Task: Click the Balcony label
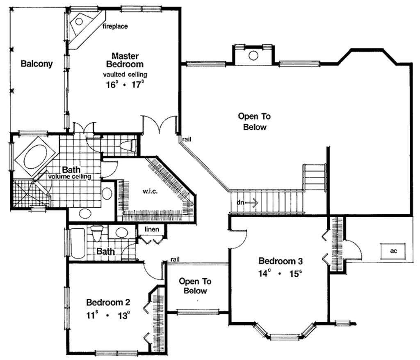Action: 37,64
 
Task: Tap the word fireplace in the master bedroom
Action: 115,26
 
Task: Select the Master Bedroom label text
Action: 125,60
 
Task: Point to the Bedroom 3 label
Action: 281,261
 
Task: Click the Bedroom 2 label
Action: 108,303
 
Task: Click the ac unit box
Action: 393,250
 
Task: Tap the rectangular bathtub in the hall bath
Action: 78,243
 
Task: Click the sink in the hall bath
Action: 121,233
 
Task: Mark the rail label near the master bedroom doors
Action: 187,139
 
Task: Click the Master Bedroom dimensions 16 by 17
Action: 125,86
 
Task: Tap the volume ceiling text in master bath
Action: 69,177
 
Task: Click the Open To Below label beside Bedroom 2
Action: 195,286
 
